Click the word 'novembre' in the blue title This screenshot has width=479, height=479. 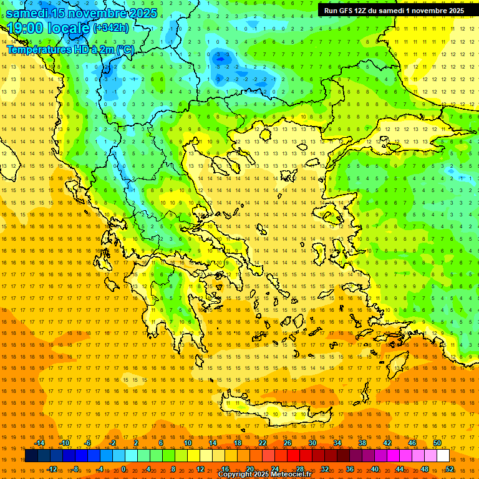coord(93,12)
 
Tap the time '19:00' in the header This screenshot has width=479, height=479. coord(25,28)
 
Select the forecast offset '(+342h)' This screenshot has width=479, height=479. coord(111,27)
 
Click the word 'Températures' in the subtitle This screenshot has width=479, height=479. coord(37,49)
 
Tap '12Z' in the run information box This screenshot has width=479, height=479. coord(361,11)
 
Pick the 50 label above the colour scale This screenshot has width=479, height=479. coord(437,443)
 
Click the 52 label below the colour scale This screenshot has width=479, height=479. coord(450,469)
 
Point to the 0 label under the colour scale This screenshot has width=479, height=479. coord(123,469)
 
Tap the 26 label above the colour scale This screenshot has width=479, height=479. coord(288,443)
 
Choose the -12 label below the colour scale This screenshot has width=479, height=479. coord(52,469)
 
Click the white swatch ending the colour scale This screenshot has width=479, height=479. coord(443,456)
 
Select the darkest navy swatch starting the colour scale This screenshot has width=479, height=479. coord(31,456)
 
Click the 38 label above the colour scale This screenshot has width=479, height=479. coord(362,443)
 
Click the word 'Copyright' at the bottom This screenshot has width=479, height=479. coord(235,475)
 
